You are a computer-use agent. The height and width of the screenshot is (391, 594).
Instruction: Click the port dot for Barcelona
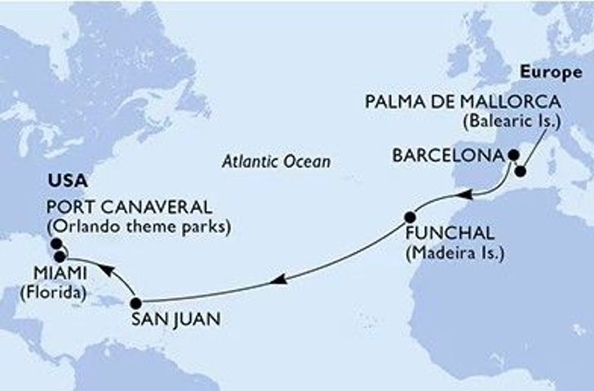tap(513, 153)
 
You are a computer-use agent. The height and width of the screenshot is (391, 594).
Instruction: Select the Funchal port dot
tap(411, 217)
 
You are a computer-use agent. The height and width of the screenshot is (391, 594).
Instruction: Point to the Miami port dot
tap(60, 257)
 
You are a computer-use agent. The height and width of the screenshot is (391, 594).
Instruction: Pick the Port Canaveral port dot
tap(55, 243)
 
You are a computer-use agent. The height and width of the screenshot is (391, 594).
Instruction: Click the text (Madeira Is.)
tap(454, 253)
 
